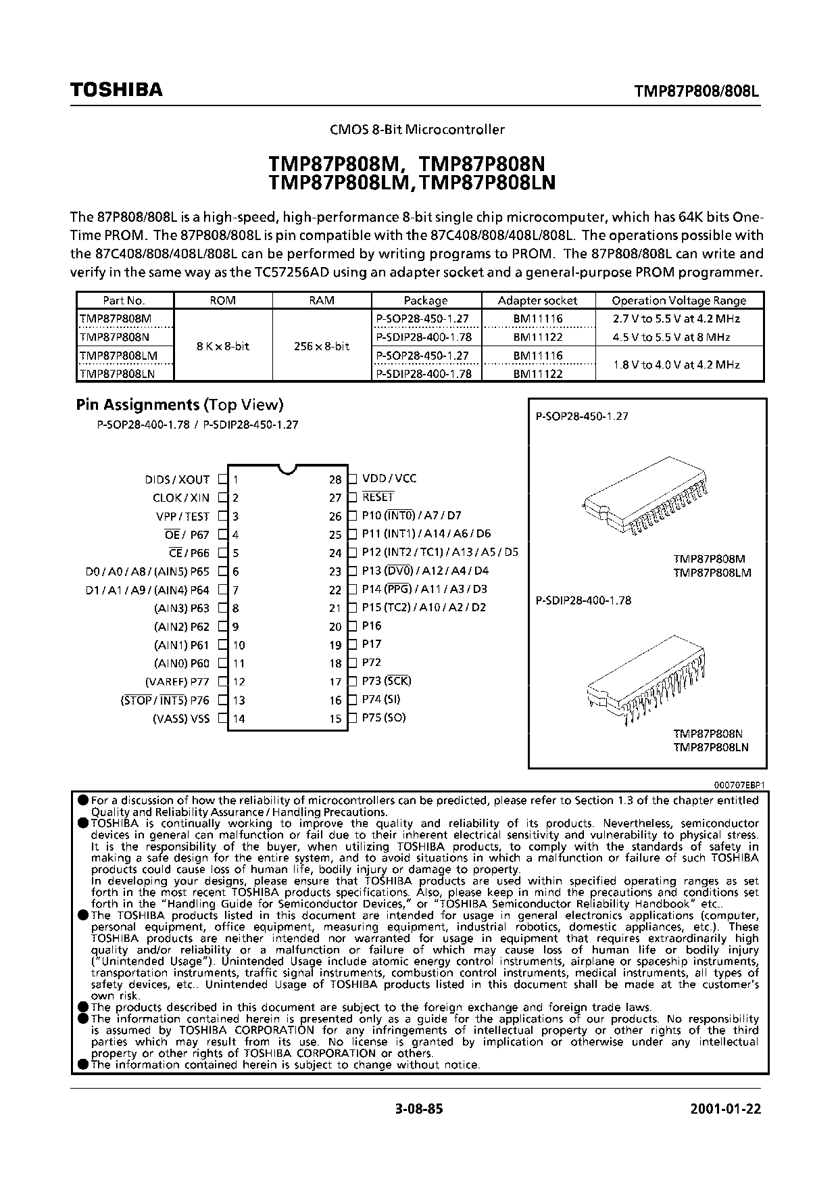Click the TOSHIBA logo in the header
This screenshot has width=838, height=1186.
click(116, 91)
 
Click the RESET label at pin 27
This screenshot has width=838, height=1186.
click(378, 497)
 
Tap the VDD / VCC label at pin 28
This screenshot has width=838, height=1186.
click(389, 479)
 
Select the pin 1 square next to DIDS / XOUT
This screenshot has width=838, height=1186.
click(222, 480)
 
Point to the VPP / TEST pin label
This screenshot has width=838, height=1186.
click(182, 517)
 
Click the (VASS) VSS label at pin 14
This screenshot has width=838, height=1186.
click(181, 719)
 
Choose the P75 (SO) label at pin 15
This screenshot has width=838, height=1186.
click(384, 718)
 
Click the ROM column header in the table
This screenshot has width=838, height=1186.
click(223, 301)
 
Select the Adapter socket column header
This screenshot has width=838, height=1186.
click(537, 301)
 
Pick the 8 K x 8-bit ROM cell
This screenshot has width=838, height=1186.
click(223, 346)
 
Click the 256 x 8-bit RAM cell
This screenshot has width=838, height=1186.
click(322, 346)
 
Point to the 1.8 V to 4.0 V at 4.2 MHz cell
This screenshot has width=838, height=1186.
click(676, 364)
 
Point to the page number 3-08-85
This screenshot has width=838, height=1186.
click(419, 1110)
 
